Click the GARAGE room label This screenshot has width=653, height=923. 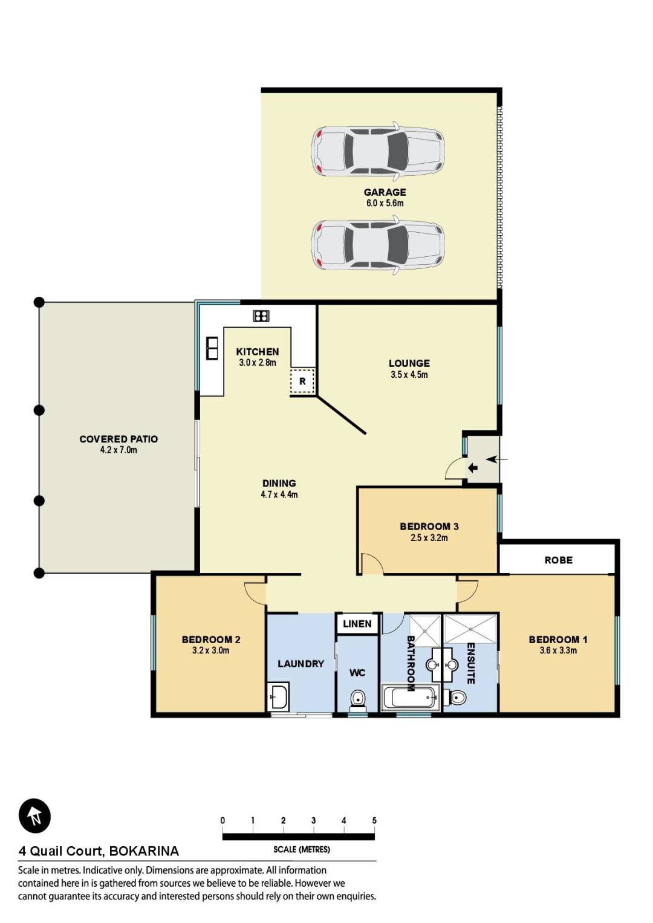385,192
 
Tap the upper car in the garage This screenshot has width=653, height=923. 378,151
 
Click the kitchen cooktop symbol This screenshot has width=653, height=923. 261,316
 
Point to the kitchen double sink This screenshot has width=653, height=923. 212,348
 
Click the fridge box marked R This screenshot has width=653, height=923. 302,381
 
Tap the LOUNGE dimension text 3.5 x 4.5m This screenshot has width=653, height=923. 409,375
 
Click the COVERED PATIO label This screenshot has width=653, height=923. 119,439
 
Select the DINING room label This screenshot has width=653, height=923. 279,483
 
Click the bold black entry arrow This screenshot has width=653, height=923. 472,468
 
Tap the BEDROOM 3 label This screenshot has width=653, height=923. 429,526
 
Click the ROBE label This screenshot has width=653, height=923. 558,560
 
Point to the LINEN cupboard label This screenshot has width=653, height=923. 357,624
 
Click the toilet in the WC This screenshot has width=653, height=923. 357,699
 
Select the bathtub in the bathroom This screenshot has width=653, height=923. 411,697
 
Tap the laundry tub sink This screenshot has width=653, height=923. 278,697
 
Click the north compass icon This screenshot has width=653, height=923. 34,815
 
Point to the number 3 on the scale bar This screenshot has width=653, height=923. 313,820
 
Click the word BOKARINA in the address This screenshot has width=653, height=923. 144,851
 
